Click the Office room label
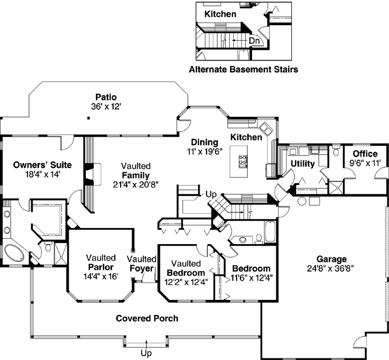[x=364, y=154]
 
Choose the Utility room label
[x=302, y=163]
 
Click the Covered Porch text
[x=147, y=318]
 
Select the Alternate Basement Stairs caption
[x=243, y=69]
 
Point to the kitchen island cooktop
[x=243, y=159]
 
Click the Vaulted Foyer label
[x=142, y=263]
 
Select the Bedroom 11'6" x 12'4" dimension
[x=252, y=278]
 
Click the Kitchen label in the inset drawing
[x=220, y=13]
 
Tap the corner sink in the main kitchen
[x=266, y=129]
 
